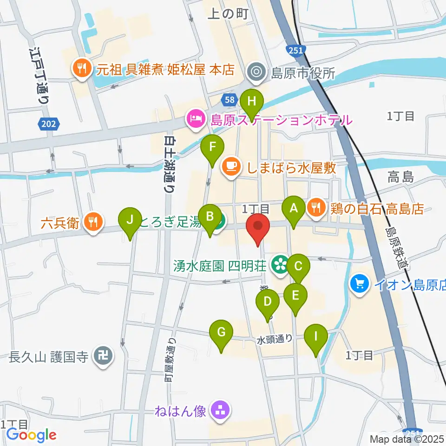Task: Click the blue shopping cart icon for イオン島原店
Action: tap(360, 282)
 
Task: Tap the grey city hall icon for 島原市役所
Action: tap(256, 72)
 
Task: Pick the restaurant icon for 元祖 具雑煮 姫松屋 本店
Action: tap(82, 70)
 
